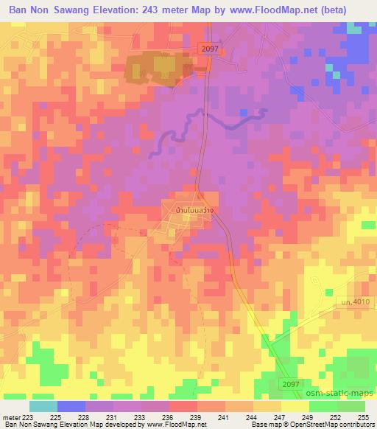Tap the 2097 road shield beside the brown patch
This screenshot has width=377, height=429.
pos(209,48)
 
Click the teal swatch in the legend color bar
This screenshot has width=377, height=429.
pos(43,405)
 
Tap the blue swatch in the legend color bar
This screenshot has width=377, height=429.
pos(71,405)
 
